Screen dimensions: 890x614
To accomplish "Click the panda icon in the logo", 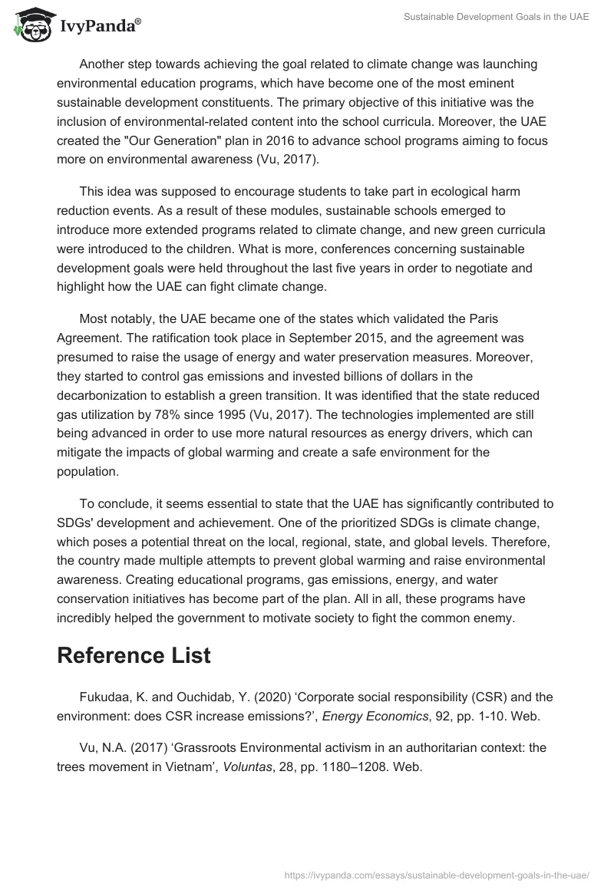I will click(x=31, y=25).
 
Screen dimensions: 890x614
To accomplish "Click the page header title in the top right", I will click(x=496, y=17).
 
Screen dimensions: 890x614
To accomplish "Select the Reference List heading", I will click(x=134, y=656).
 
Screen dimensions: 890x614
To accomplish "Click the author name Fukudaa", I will click(x=107, y=697).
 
